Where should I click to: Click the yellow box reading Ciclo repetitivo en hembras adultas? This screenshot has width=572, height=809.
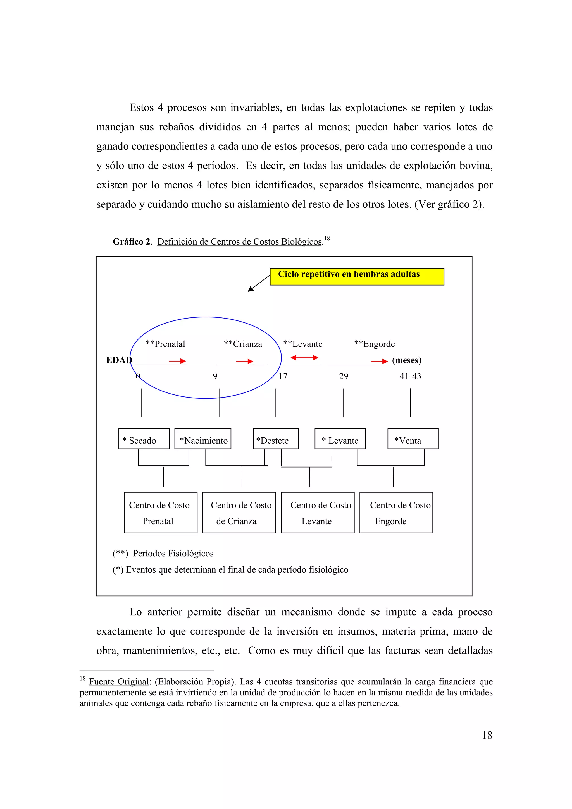[357, 277]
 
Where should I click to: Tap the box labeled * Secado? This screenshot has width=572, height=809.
[144, 439]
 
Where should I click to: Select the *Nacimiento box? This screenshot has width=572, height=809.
[203, 439]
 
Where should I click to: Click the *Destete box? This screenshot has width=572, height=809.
[276, 439]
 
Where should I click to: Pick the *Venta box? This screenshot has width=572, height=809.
[413, 439]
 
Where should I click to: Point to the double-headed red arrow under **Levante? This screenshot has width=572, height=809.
[304, 358]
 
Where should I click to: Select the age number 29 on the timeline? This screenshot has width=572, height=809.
[344, 376]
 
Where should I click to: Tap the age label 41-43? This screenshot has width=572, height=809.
[410, 376]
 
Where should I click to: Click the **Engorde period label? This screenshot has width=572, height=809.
[374, 344]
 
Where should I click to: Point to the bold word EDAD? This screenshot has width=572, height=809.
[119, 360]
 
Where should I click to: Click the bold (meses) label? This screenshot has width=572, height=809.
[407, 360]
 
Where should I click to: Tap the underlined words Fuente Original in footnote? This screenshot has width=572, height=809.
[119, 682]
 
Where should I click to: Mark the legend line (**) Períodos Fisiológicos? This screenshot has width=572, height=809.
[163, 554]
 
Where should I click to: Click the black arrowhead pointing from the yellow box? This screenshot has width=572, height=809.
[250, 289]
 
